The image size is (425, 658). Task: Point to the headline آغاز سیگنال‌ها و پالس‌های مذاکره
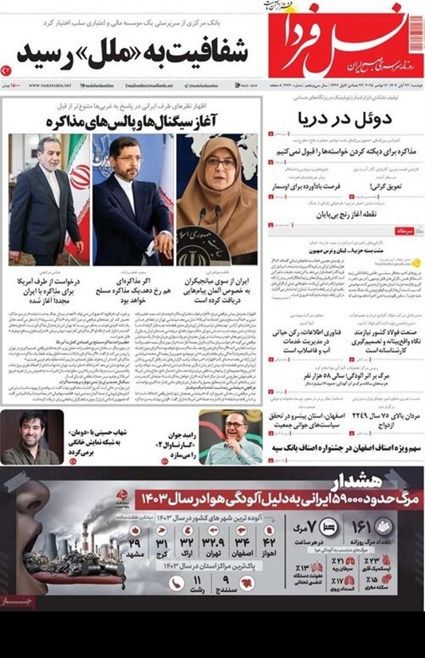tap(136, 121)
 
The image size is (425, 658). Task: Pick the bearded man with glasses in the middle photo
tap(132, 163)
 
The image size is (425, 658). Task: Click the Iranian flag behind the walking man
tap(78, 184)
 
